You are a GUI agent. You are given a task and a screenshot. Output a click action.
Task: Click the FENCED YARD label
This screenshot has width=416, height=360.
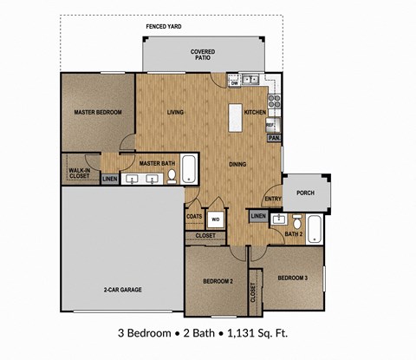coord(164,27)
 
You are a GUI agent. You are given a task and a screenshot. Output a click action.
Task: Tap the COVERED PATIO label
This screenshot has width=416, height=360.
coord(203,56)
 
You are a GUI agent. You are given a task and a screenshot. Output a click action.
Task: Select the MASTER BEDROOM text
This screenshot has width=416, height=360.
coord(97,113)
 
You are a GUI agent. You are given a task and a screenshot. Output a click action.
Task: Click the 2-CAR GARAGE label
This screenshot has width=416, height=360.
coord(121,290)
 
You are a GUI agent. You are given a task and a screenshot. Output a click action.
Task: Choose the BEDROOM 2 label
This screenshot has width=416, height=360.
coord(216,282)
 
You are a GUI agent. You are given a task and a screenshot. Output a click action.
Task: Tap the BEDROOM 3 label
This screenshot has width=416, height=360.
coord(293,278)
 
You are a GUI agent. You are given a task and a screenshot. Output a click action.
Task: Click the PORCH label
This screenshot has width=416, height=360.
coord(305,193)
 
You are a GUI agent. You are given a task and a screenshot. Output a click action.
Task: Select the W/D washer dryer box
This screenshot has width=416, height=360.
coord(215,219)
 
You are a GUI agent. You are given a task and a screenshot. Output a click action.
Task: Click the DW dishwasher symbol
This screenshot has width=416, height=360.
coord(234,82)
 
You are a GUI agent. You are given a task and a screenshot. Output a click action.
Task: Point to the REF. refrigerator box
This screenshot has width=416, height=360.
coord(271,124)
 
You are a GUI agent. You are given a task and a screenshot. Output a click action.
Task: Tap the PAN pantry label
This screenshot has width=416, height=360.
coord(274,138)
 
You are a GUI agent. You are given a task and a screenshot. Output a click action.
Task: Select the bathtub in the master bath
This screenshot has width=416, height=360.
coord(191,171)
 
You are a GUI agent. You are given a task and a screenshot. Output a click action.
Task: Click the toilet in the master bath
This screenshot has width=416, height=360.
coord(172,177)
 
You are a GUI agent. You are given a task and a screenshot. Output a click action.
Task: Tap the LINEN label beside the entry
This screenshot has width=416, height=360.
coord(258,215)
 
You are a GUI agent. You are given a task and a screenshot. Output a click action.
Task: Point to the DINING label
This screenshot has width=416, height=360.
coord(237,164)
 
